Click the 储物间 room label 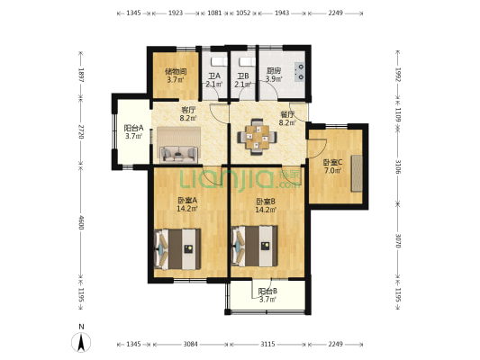pos(176,71)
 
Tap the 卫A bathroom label pos(213,76)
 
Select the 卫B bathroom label pos(243,76)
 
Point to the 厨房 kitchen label pos(273,71)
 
